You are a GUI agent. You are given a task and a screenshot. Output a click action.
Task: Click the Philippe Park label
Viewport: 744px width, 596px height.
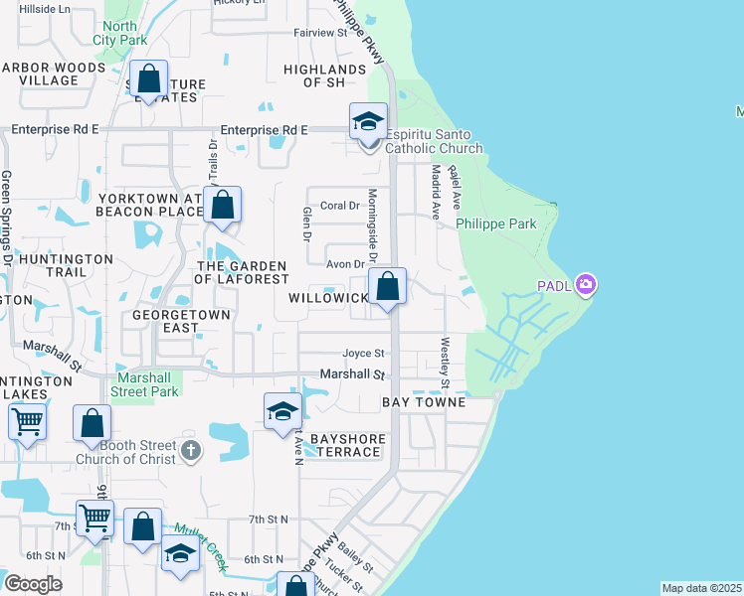click(496, 223)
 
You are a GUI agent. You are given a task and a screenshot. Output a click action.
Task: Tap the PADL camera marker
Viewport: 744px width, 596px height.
click(586, 286)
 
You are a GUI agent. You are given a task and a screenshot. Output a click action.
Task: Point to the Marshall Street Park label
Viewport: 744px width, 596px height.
click(148, 384)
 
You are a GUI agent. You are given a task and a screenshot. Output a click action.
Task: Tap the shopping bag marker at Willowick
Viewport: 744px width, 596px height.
click(388, 287)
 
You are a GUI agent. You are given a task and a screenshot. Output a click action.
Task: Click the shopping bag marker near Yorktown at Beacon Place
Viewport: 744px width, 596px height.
click(224, 207)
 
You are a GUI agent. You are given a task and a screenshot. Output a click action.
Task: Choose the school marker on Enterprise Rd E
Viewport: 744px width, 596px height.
click(368, 123)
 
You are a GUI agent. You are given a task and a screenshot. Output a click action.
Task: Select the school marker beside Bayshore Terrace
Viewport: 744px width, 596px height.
click(282, 412)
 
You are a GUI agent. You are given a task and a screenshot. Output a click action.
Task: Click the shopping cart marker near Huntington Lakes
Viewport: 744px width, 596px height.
click(27, 421)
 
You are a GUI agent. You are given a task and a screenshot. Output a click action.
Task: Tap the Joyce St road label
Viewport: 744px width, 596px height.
click(363, 353)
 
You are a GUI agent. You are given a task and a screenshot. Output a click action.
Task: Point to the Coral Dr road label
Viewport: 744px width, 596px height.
click(339, 206)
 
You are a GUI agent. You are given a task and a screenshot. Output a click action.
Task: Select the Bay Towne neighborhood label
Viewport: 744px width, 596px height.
click(424, 402)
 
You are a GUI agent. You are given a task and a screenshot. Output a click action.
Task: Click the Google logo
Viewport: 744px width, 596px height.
click(32, 584)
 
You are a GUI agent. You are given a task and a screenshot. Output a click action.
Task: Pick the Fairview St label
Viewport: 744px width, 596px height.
click(319, 32)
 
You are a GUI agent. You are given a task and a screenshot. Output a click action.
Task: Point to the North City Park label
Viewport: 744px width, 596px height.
click(119, 33)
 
